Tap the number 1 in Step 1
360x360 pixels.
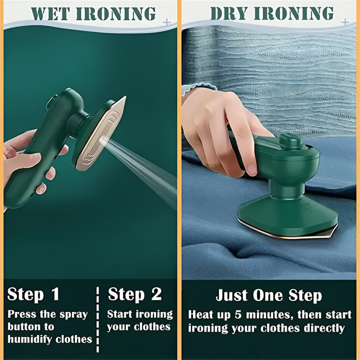pos(55,294)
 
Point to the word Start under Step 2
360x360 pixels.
pos(120,314)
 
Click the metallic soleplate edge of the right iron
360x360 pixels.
pos(288,234)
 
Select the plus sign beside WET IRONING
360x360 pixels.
pos(167,22)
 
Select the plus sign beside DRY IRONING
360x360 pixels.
pos(344,22)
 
